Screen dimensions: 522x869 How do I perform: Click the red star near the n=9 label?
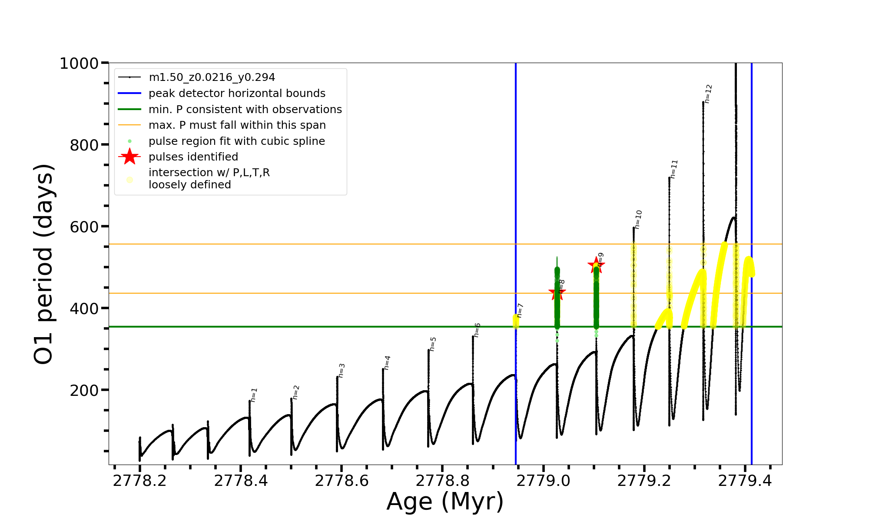point(596,265)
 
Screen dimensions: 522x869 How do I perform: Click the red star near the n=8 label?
point(557,293)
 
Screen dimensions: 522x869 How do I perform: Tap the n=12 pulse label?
point(708,94)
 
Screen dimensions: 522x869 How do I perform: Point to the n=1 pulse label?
point(254,395)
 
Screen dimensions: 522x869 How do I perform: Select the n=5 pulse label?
point(432,344)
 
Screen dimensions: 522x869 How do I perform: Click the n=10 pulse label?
point(638,219)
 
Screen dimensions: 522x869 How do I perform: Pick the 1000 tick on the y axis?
point(79,64)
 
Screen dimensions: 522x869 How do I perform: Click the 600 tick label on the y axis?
point(84,227)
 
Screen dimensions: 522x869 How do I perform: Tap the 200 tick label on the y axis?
point(84,390)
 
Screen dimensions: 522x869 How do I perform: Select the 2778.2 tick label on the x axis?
point(139,481)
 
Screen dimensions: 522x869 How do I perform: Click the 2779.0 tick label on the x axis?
point(544,481)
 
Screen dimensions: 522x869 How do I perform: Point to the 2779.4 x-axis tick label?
point(745,481)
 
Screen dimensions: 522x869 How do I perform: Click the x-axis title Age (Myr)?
point(445,502)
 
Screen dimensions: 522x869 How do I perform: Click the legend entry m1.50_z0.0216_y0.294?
point(212,77)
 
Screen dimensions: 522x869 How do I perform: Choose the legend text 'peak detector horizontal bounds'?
point(237,94)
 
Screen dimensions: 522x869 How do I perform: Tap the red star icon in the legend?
point(129,157)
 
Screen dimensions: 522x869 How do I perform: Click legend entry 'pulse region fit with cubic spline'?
point(236,141)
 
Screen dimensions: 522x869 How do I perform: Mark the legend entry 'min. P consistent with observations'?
point(245,110)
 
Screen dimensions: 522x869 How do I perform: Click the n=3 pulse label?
point(342,370)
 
